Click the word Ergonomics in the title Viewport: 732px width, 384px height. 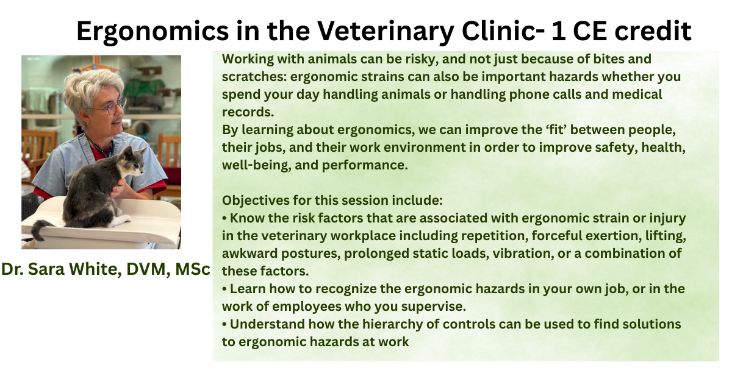point(152,32)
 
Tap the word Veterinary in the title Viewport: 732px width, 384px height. point(386,32)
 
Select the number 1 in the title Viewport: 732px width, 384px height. point(559,31)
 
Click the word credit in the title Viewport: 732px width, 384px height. point(653,31)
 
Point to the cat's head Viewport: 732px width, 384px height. point(133,161)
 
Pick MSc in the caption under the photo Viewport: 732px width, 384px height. point(193,269)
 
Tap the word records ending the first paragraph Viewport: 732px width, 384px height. point(248,112)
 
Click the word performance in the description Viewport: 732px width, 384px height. point(365,166)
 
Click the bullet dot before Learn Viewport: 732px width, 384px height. point(224,290)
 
